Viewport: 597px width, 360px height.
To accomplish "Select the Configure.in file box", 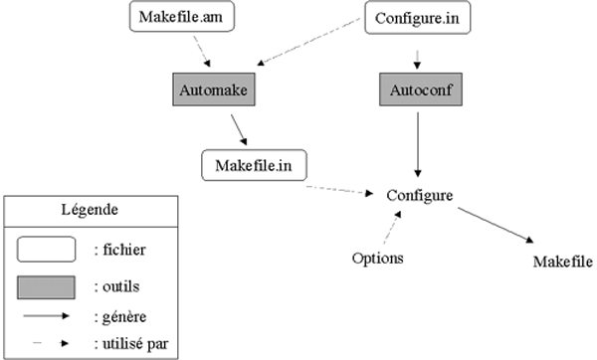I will pos(417,17).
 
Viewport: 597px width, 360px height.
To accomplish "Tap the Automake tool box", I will pos(215,91).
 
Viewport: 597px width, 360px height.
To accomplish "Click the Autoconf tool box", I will pos(419,91).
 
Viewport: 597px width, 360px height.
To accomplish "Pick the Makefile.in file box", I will pos(254,164).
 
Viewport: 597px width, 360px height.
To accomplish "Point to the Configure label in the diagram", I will pos(419,195).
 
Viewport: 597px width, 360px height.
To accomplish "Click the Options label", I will pos(377,259).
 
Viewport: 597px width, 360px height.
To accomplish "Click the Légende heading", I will pos(91,210).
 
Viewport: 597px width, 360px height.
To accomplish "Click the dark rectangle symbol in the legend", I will pos(46,286).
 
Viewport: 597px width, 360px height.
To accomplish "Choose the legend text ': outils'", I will pos(116,286).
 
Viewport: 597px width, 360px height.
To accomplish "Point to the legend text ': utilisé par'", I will pos(129,344).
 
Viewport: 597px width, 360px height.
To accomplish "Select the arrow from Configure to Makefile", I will pos(495,224).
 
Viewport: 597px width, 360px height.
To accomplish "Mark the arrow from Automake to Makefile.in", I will pos(239,129).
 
